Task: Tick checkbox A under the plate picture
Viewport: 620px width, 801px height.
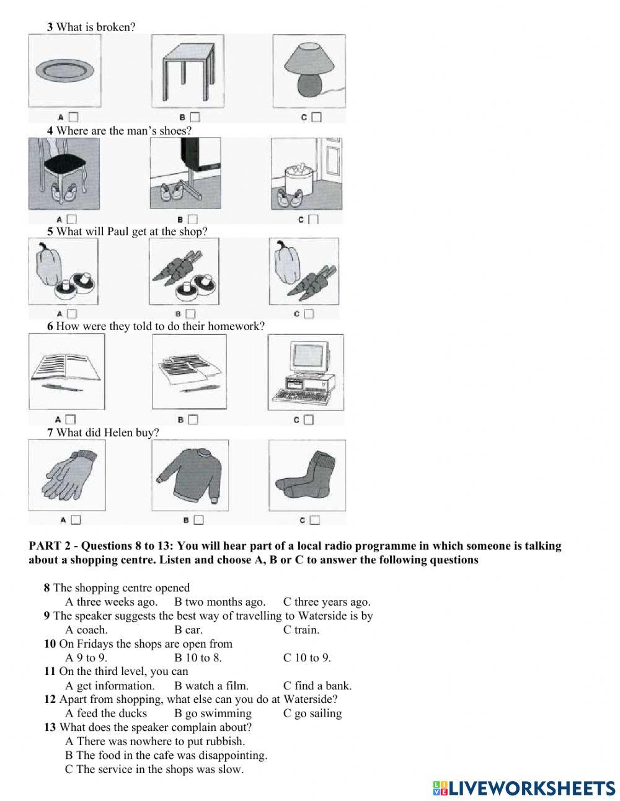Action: coord(74,117)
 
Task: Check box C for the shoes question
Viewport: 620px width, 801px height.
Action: coord(313,219)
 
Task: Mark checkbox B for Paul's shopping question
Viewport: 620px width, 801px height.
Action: coord(190,314)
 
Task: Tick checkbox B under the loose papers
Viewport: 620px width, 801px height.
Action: coord(193,419)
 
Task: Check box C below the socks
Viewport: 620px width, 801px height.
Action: coord(315,520)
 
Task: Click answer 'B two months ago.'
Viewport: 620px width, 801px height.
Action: coord(219,602)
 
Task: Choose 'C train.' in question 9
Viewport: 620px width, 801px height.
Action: coord(301,630)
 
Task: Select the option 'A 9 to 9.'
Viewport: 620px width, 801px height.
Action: coord(86,658)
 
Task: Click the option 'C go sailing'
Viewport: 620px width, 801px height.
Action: coord(312,714)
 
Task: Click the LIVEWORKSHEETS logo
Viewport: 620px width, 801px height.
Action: coord(524,787)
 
